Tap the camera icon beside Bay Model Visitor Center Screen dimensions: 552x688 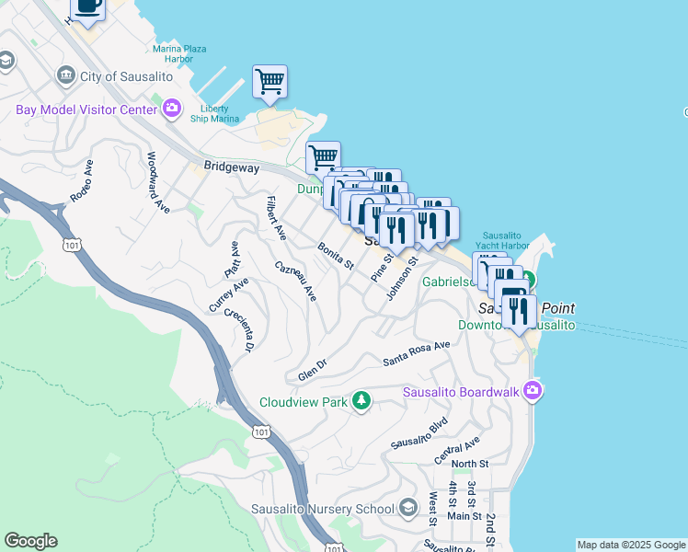(x=171, y=109)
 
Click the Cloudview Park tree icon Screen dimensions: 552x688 (x=362, y=401)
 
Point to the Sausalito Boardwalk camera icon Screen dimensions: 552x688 (x=532, y=393)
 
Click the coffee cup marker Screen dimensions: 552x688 (x=87, y=7)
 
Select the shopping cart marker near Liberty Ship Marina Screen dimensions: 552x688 (x=269, y=81)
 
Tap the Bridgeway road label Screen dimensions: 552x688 (x=232, y=168)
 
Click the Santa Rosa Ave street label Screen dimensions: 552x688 (x=417, y=352)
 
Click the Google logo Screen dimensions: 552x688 (x=30, y=541)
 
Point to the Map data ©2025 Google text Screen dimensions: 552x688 (x=630, y=545)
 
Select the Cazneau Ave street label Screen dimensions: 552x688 (x=295, y=281)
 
